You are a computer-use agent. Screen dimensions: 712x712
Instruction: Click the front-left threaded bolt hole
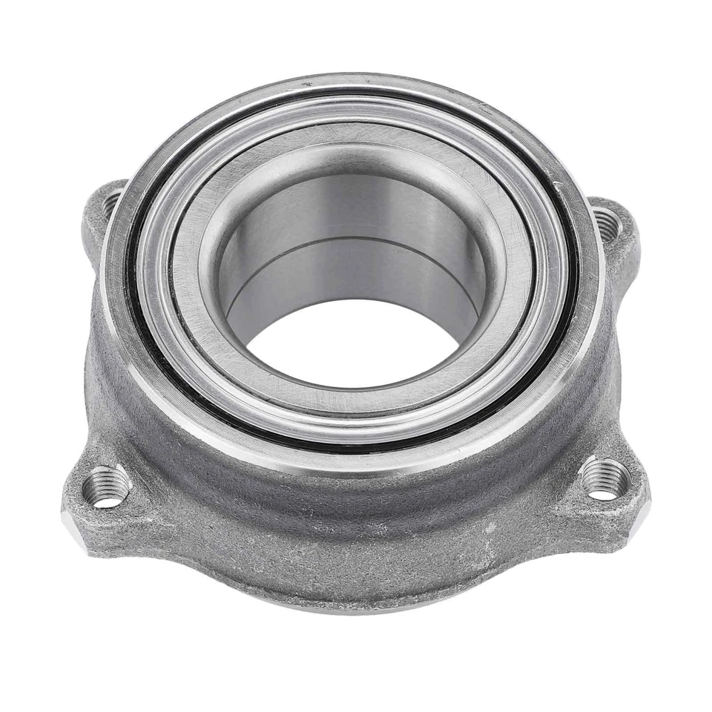(106, 488)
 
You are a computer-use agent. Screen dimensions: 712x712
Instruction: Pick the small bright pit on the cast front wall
(489, 527)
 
